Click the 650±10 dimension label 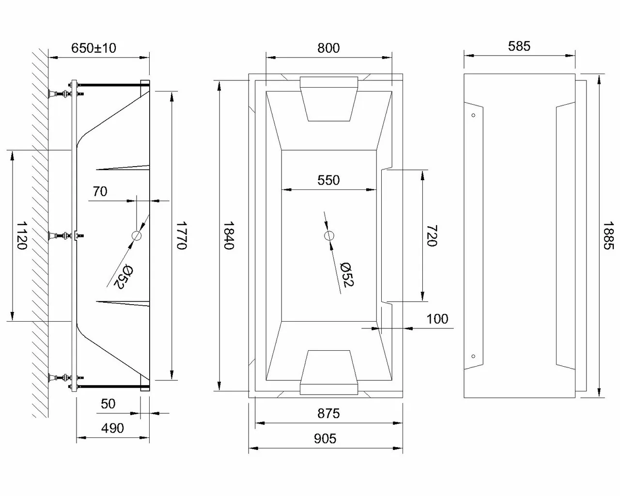93,48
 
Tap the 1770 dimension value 181,235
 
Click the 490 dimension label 112,428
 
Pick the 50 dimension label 108,404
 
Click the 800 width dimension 328,48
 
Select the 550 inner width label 328,180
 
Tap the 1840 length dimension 229,235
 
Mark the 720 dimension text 431,235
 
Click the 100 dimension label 437,319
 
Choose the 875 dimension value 328,413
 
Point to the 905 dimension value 325,438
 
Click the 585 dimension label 519,46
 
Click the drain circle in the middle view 329,236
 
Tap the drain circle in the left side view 137,236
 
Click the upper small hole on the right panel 473,115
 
